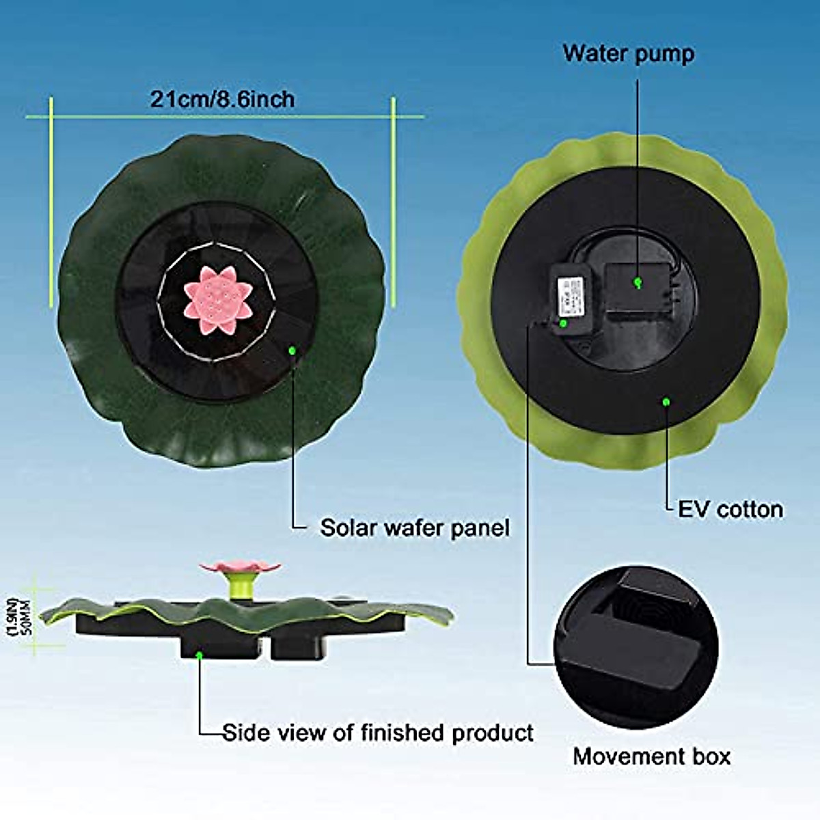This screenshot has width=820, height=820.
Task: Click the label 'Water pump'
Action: pyautogui.click(x=628, y=54)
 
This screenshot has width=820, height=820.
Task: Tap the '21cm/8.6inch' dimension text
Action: pyautogui.click(x=223, y=100)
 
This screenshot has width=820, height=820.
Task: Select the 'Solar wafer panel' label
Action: pyautogui.click(x=415, y=528)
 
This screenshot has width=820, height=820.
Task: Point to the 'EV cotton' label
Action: pyautogui.click(x=730, y=509)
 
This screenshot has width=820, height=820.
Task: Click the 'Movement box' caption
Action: pyautogui.click(x=651, y=756)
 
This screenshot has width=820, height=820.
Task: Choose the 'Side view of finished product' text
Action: pyautogui.click(x=378, y=733)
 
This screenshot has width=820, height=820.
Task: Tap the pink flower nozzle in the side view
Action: pyautogui.click(x=239, y=566)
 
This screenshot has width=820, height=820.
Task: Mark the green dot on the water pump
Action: pyautogui.click(x=638, y=281)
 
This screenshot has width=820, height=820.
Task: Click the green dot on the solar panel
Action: pyautogui.click(x=292, y=351)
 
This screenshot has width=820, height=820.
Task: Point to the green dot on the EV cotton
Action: pyautogui.click(x=666, y=402)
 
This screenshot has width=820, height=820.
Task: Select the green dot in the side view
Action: pyautogui.click(x=199, y=655)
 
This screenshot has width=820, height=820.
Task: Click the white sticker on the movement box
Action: pyautogui.click(x=570, y=295)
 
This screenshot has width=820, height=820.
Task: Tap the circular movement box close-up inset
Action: pyautogui.click(x=635, y=645)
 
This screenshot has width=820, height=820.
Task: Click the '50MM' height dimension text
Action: pyautogui.click(x=28, y=616)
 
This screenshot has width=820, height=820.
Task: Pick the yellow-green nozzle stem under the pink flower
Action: pyautogui.click(x=238, y=587)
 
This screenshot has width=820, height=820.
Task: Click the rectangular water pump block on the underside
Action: pyautogui.click(x=637, y=287)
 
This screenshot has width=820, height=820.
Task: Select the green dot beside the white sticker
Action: pyautogui.click(x=563, y=323)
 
